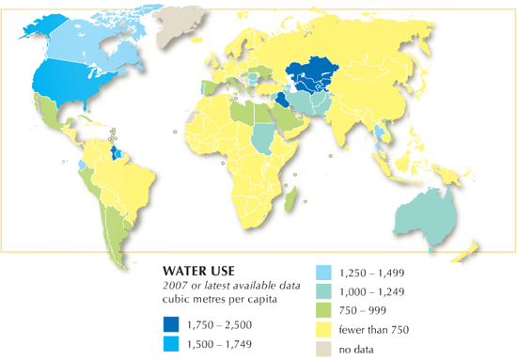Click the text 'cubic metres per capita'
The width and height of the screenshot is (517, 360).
pos(212,299)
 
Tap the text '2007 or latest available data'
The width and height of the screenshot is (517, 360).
pos(222,285)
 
